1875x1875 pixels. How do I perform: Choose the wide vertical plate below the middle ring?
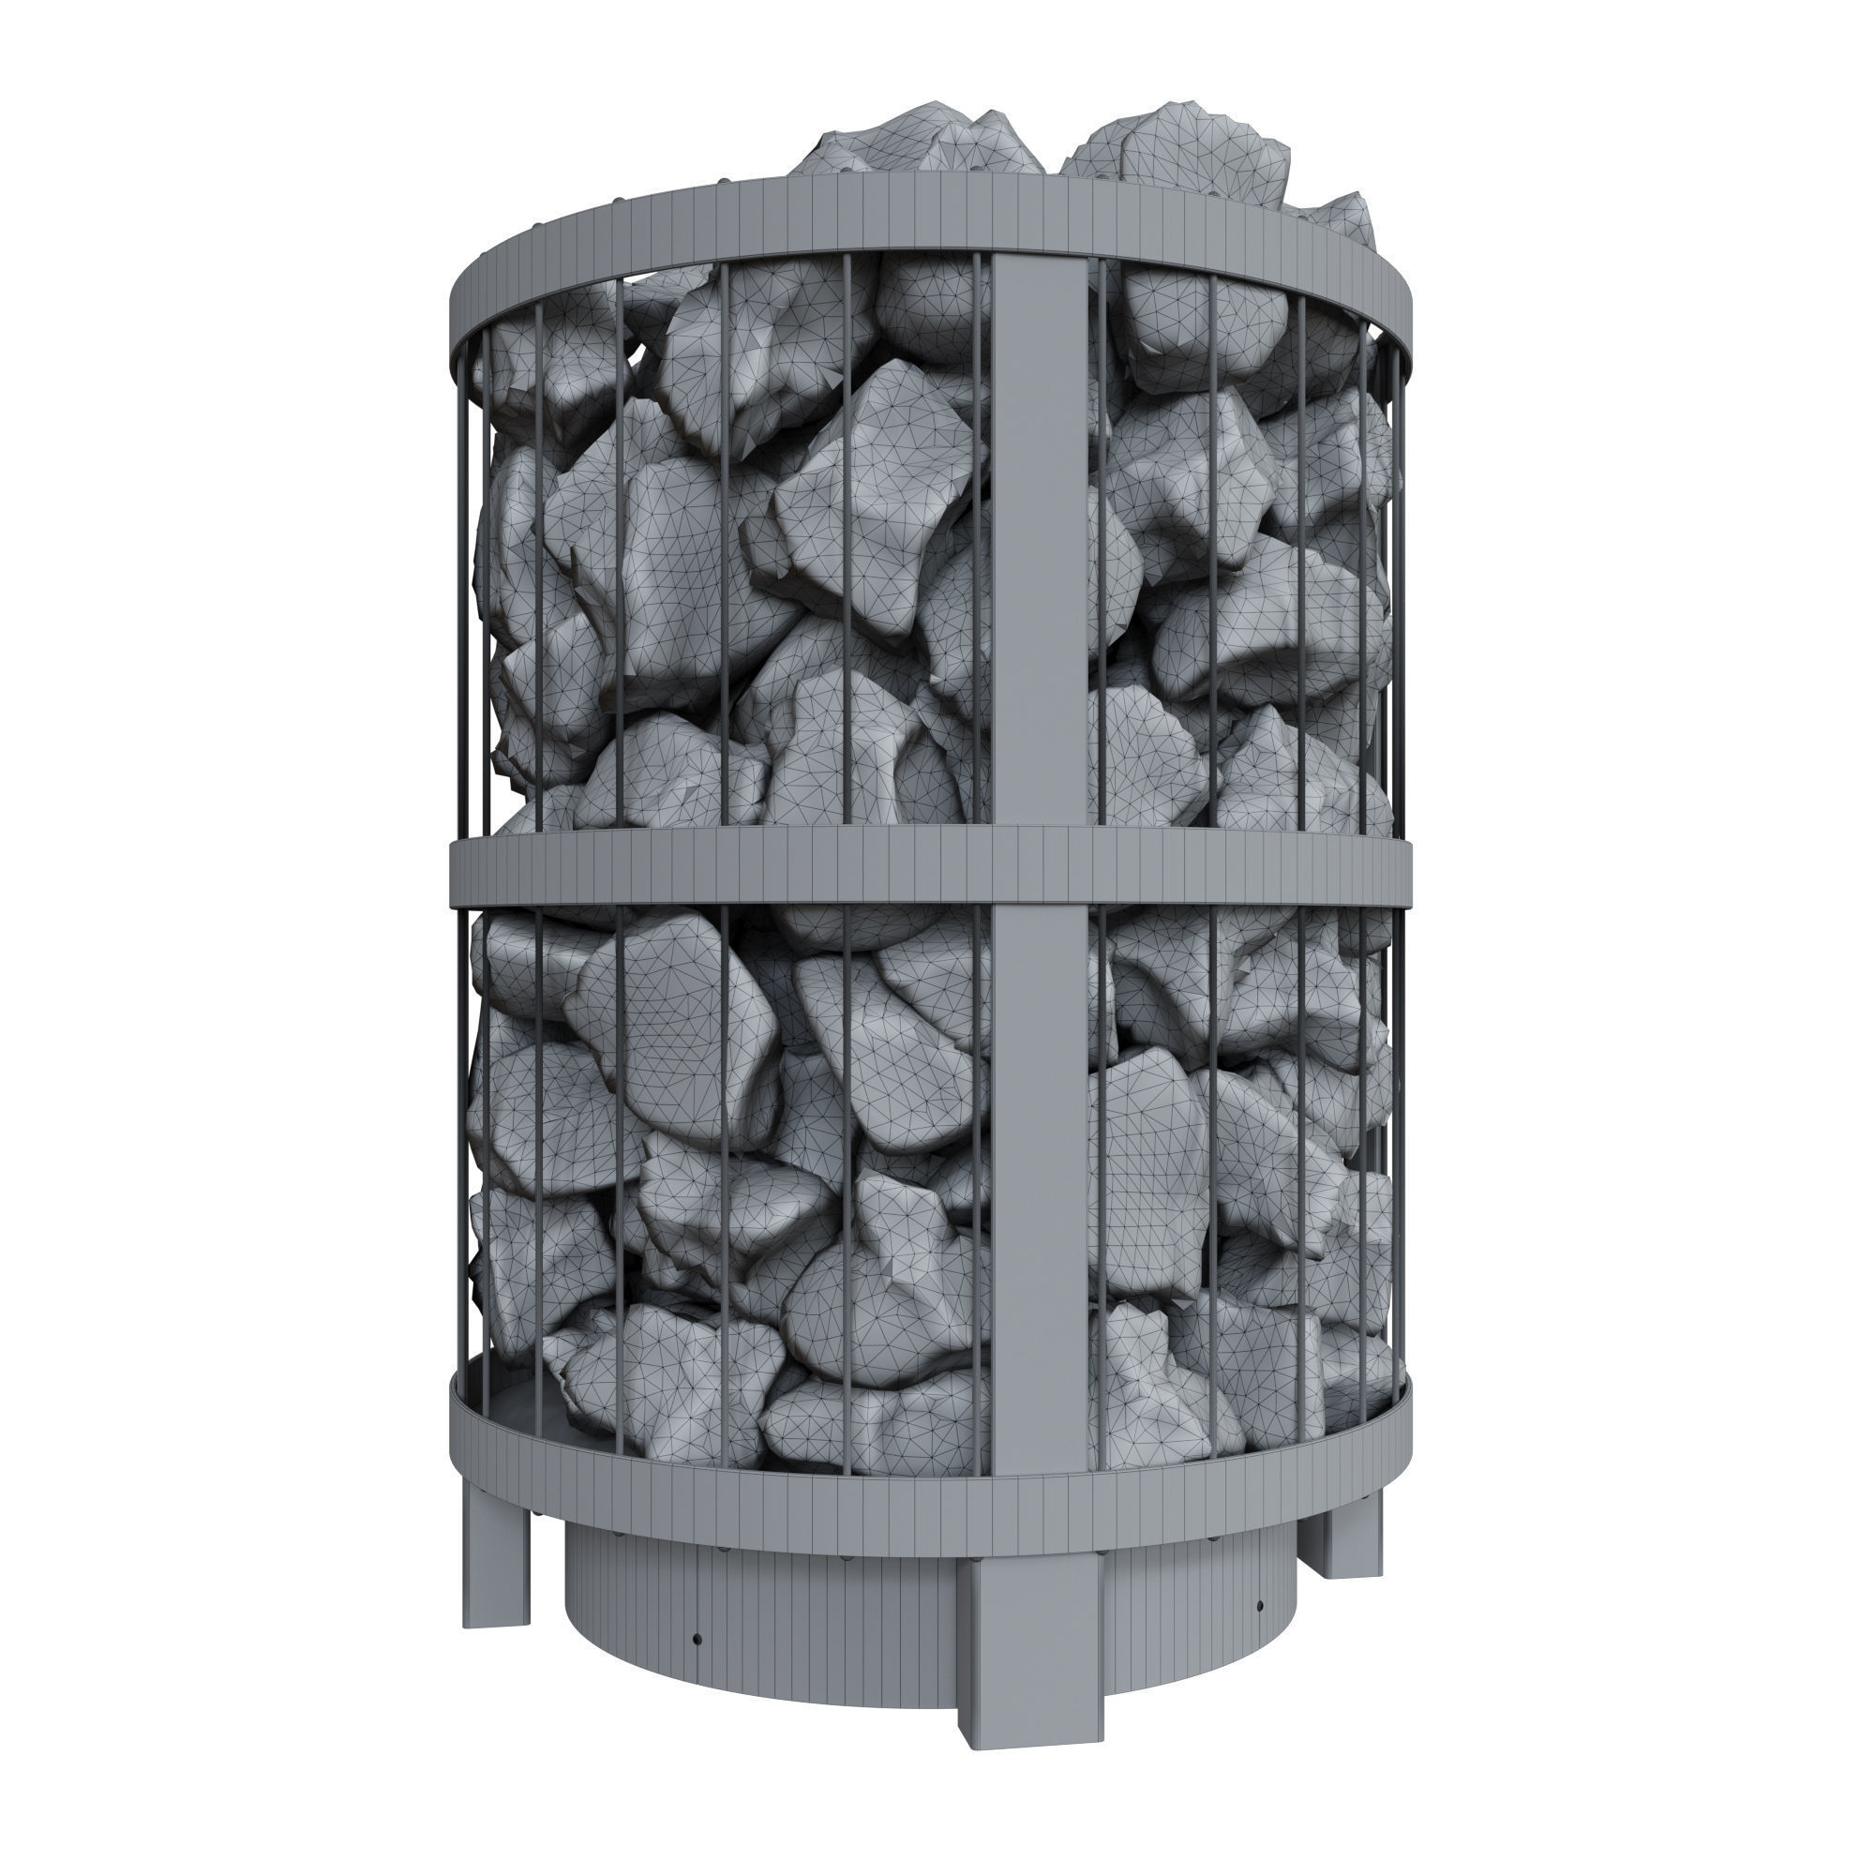pyautogui.click(x=1036, y=1164)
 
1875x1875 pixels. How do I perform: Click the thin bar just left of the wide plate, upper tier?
pyautogui.click(x=978, y=544)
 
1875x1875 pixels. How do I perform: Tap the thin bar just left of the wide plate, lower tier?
pyautogui.click(x=978, y=1164)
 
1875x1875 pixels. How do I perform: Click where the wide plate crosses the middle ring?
pyautogui.click(x=1036, y=872)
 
